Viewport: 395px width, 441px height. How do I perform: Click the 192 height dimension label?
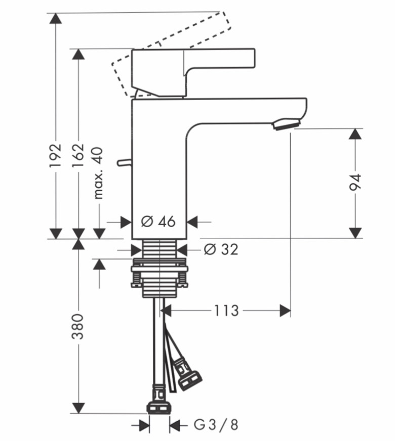pos(56,155)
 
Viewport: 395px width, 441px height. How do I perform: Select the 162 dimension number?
pos(78,155)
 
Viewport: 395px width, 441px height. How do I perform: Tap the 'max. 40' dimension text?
pos(98,173)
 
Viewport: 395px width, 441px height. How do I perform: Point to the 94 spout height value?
pos(354,182)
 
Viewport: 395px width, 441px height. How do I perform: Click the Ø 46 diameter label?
pos(158,222)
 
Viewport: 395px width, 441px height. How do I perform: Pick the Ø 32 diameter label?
pos(221,249)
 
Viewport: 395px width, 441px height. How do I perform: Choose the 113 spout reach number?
pos(226,311)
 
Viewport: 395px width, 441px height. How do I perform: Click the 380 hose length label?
pos(78,327)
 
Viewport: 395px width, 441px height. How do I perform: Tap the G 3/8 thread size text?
pos(216,424)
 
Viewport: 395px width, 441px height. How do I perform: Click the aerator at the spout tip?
pos(286,123)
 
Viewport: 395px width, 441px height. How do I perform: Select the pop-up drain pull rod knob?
pos(125,162)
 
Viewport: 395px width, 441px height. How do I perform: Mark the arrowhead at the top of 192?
pos(56,18)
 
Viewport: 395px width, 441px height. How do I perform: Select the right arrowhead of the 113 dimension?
pos(285,311)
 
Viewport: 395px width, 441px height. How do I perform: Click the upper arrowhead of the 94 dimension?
pos(355,134)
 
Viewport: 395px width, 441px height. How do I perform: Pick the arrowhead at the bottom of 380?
pos(78,408)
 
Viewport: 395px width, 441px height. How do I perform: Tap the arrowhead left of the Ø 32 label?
pos(136,249)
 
